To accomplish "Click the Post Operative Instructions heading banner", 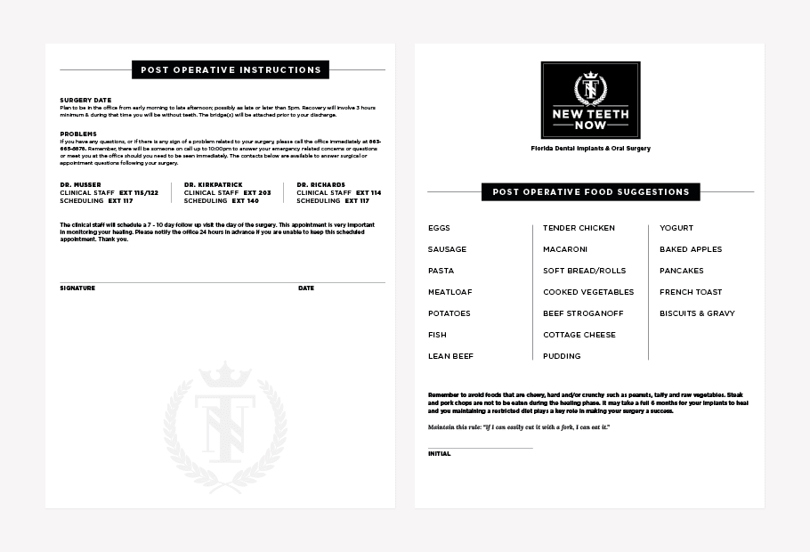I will (x=231, y=69).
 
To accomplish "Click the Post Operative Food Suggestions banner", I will (x=590, y=191).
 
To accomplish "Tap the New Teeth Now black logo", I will (x=590, y=100).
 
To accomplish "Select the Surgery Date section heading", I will (x=85, y=100).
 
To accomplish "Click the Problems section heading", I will (x=78, y=134).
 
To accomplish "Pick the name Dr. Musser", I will (x=80, y=184).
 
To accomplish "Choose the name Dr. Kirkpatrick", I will (x=214, y=184).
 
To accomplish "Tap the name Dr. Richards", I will (x=321, y=184).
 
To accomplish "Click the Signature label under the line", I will (x=77, y=288).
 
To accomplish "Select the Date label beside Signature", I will (x=306, y=288).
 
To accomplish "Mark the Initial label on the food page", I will (x=439, y=454).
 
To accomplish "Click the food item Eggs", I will (x=439, y=228).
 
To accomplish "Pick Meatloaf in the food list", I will (x=450, y=292).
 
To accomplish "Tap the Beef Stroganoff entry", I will (x=583, y=313).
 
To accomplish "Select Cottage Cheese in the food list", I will (x=579, y=335).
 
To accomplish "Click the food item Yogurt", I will (x=676, y=228).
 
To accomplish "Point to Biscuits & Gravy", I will (x=697, y=313).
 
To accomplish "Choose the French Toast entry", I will (x=691, y=292).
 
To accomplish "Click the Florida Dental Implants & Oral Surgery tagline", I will (x=590, y=149).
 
